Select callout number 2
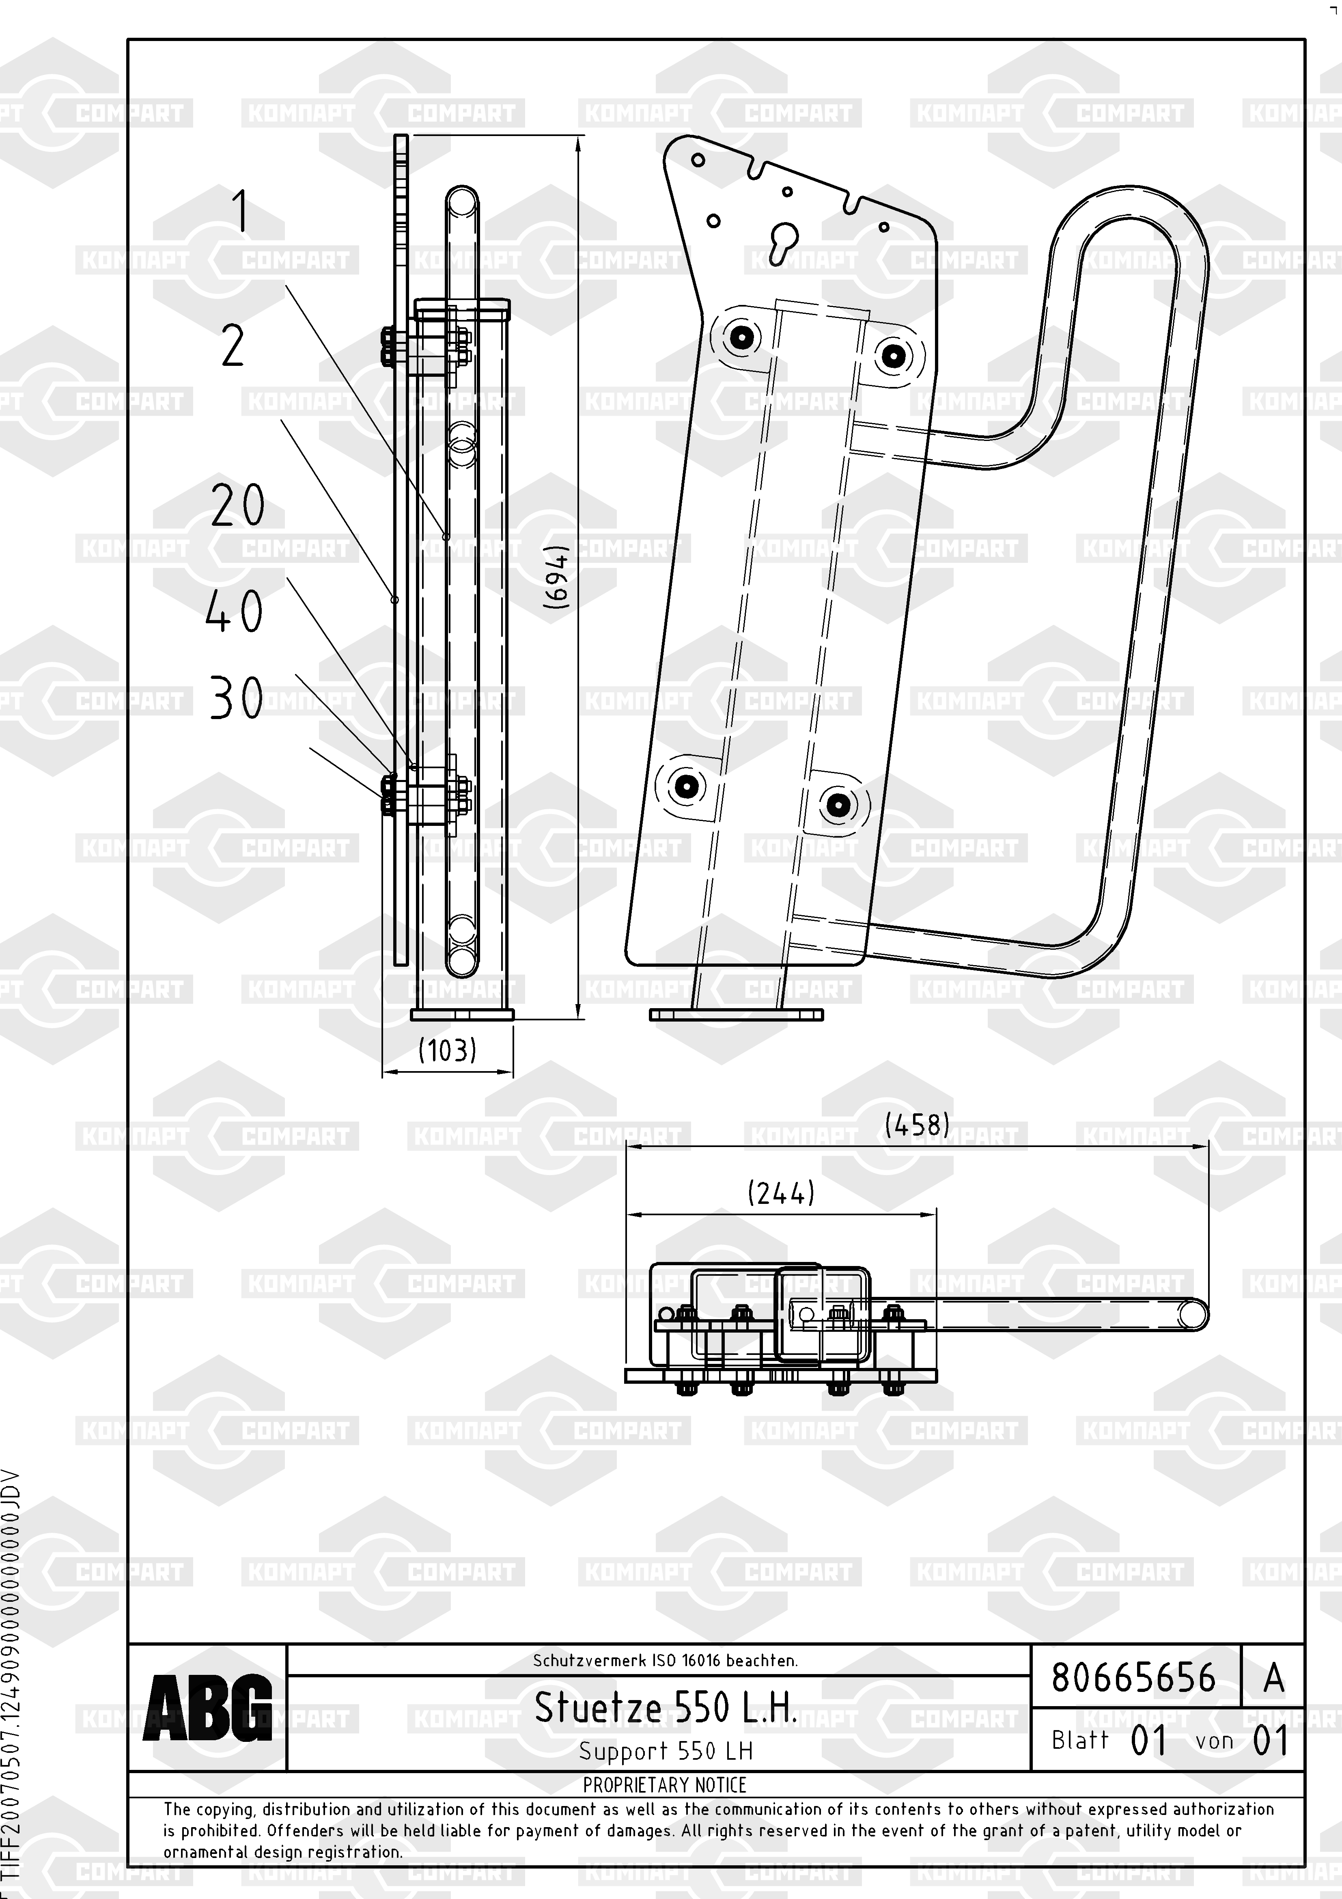coord(233,347)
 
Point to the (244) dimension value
coord(780,1193)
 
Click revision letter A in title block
coord(1273,1677)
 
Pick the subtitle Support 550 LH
coord(666,1751)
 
